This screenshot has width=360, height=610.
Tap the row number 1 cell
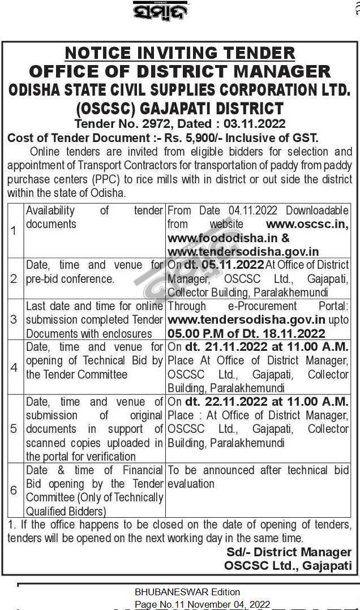click(14, 231)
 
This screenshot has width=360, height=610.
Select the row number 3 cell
click(14, 320)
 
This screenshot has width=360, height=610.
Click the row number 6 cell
click(14, 490)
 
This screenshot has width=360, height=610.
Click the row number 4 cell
click(14, 368)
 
